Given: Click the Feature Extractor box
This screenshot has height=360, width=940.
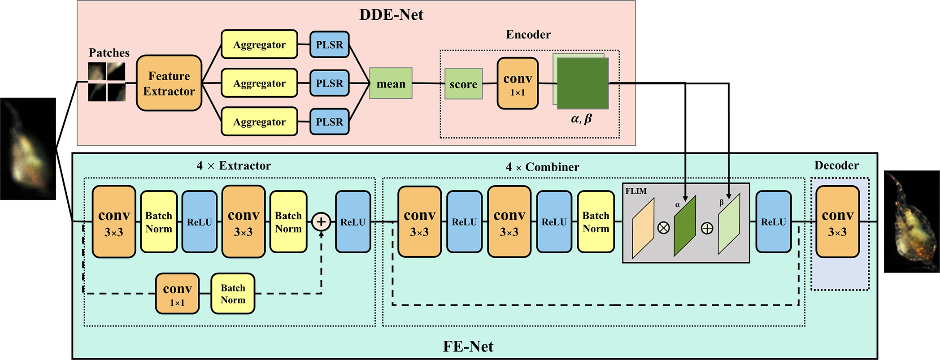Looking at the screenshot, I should tap(169, 83).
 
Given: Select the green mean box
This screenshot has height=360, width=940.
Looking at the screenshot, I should tap(391, 83).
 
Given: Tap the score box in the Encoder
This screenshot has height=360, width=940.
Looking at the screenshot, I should tap(463, 84).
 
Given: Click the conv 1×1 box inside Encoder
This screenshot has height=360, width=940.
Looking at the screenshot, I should tap(518, 84).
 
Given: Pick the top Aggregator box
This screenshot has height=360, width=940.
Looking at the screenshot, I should tap(259, 44).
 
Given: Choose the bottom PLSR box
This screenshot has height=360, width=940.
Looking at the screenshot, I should tap(329, 122).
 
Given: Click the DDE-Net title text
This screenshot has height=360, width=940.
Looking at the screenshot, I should tap(391, 15).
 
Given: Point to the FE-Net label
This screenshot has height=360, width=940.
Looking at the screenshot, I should tap(468, 347).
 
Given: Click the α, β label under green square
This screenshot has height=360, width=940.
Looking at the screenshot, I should tap(581, 119).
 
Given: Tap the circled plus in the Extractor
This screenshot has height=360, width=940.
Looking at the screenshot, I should tap(321, 221).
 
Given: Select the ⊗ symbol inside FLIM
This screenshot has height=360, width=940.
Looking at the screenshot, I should tap(663, 228).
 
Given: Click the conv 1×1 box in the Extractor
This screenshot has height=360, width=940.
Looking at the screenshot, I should tap(177, 294).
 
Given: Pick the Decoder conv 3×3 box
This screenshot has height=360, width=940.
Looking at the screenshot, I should tap(837, 222).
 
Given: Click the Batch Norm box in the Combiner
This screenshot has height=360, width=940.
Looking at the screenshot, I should tap(596, 222).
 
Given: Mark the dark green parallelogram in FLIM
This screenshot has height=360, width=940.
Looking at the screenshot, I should tap(685, 226).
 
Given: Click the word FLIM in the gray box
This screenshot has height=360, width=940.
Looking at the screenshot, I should tap(636, 191).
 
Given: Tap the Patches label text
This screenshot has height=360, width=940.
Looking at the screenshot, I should tap(109, 53).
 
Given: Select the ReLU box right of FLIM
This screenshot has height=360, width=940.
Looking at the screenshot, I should tap(773, 222).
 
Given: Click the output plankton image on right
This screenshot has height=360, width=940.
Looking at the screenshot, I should tap(911, 221).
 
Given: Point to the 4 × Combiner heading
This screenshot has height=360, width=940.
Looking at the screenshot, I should tap(542, 167).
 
